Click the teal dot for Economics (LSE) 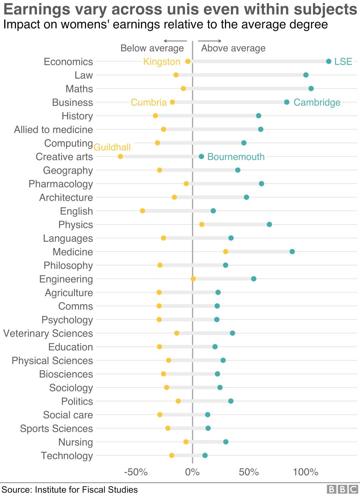(329, 61)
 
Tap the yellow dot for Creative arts (120, 156)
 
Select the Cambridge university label (317, 102)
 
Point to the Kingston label (162, 62)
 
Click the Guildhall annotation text (112, 147)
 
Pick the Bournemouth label (236, 157)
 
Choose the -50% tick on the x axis (136, 472)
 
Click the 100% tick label (305, 472)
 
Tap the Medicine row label (73, 252)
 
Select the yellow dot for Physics (202, 224)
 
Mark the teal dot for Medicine (292, 251)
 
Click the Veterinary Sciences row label (48, 333)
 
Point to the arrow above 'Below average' (175, 41)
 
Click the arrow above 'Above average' (210, 41)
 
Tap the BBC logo (342, 489)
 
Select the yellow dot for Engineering (193, 279)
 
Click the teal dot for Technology (205, 455)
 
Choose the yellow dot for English (142, 211)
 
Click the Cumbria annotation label (148, 102)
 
